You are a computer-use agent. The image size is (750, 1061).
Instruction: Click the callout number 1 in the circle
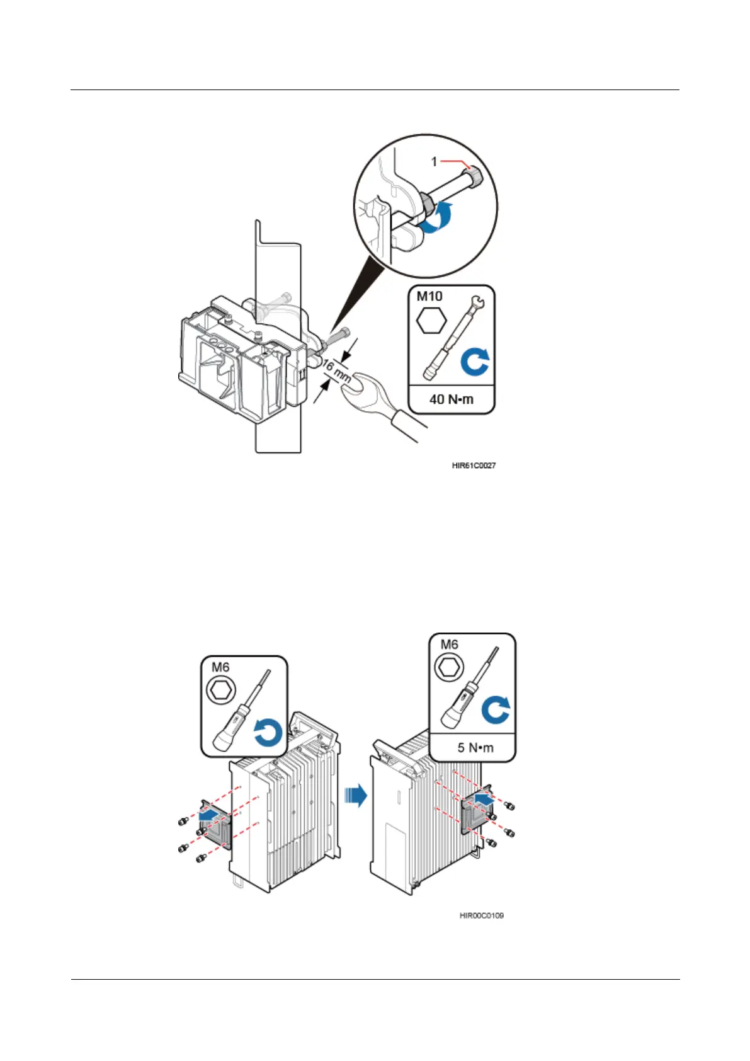pyautogui.click(x=434, y=162)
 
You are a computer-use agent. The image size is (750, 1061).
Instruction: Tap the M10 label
pyautogui.click(x=429, y=296)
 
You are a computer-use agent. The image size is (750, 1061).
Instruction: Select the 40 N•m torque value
pyautogui.click(x=451, y=399)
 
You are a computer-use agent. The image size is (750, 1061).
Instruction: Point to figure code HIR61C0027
pyautogui.click(x=474, y=466)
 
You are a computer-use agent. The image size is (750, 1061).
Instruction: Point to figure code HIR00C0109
pyautogui.click(x=482, y=915)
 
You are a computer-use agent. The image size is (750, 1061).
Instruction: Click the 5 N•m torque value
pyautogui.click(x=475, y=747)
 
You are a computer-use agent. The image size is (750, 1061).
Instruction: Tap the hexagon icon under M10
pyautogui.click(x=432, y=321)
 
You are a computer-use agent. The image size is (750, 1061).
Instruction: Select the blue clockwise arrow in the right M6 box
pyautogui.click(x=496, y=710)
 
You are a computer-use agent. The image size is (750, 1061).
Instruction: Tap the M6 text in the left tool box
pyautogui.click(x=220, y=667)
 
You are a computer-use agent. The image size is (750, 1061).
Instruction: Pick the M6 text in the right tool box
pyautogui.click(x=449, y=644)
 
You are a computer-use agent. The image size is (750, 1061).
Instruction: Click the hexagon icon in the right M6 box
pyautogui.click(x=449, y=667)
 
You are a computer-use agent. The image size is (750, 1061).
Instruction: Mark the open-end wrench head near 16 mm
pyautogui.click(x=357, y=389)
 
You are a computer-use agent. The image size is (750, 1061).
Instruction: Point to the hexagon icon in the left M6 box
pyautogui.click(x=221, y=692)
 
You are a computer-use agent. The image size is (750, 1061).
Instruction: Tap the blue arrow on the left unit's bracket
pyautogui.click(x=210, y=816)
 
